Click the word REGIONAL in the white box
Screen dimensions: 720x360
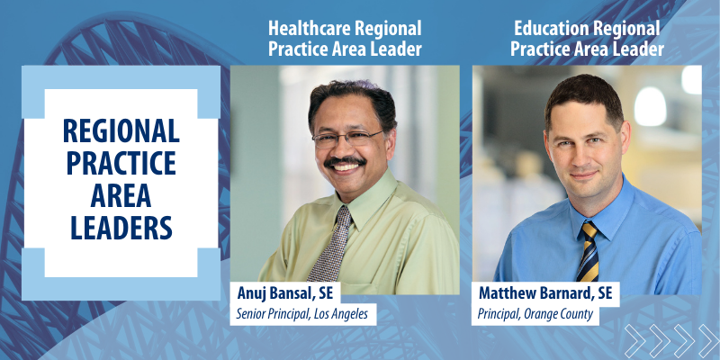(121, 130)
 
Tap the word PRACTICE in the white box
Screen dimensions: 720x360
(121, 163)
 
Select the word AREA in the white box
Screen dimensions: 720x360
(121, 195)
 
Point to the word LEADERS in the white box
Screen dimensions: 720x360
(121, 228)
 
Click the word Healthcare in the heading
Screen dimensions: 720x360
(310, 29)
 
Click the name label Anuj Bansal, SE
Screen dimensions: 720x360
(284, 293)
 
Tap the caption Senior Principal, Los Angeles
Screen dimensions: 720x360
(302, 314)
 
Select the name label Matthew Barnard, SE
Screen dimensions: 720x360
(545, 293)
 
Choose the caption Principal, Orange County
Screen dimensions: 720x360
(535, 314)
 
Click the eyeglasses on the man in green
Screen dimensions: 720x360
(347, 139)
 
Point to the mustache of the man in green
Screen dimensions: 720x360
(345, 162)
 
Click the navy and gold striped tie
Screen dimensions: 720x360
(589, 251)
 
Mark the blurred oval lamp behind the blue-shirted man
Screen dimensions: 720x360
(650, 106)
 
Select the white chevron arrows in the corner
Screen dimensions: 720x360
(671, 341)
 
